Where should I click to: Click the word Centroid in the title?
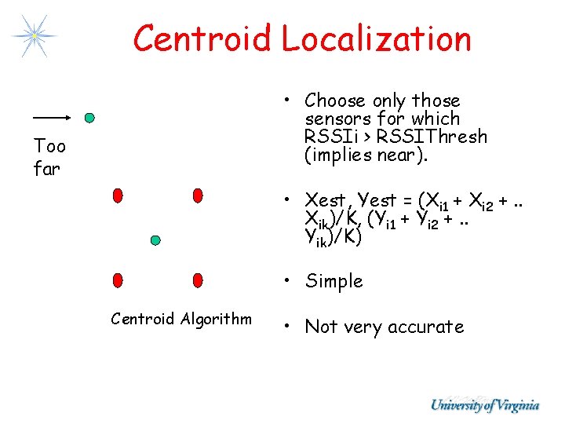click(x=203, y=38)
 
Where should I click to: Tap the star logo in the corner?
click(x=35, y=35)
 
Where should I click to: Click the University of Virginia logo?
click(x=484, y=405)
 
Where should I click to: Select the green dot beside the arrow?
click(x=89, y=119)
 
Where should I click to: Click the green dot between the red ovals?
click(x=155, y=239)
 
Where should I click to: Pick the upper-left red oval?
click(x=118, y=195)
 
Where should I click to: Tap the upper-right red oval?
click(x=198, y=195)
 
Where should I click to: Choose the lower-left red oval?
click(x=118, y=280)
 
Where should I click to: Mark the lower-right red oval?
click(x=198, y=280)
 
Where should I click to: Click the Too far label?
click(x=49, y=157)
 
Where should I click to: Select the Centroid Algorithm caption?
click(x=181, y=318)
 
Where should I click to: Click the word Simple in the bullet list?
click(x=334, y=281)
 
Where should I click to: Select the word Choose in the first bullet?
click(x=335, y=101)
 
